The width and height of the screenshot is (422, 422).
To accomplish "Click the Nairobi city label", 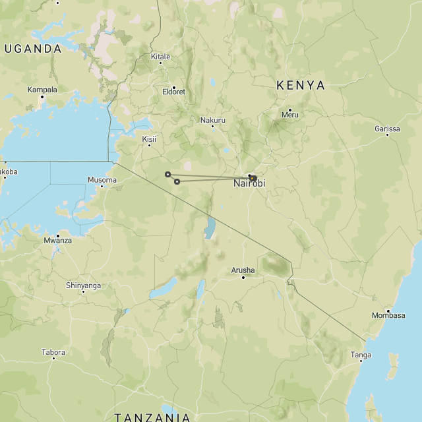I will (249, 184).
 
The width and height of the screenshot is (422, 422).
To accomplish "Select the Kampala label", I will (42, 90).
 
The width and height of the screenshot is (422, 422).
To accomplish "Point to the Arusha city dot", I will (243, 278).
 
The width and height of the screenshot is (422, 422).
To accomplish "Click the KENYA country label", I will (301, 85).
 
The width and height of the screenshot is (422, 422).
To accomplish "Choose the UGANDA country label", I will (32, 49).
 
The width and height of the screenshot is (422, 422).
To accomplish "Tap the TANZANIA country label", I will (152, 417).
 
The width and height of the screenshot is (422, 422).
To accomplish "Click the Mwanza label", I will (58, 241).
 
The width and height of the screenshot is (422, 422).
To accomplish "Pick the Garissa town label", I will (387, 129).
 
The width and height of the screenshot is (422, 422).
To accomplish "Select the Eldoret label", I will (174, 92).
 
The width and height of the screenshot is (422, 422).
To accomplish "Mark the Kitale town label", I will (160, 57).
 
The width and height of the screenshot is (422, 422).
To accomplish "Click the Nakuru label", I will (213, 120).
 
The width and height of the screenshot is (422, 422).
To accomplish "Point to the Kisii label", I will (150, 139).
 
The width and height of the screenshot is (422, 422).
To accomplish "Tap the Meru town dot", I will (289, 109).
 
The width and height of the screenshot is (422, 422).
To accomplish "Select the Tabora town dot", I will (53, 360).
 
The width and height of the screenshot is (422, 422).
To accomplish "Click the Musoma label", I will (102, 180).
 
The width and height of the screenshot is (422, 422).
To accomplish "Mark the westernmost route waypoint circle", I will (167, 174).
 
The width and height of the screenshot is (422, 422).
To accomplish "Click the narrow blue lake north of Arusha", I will (210, 228).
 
